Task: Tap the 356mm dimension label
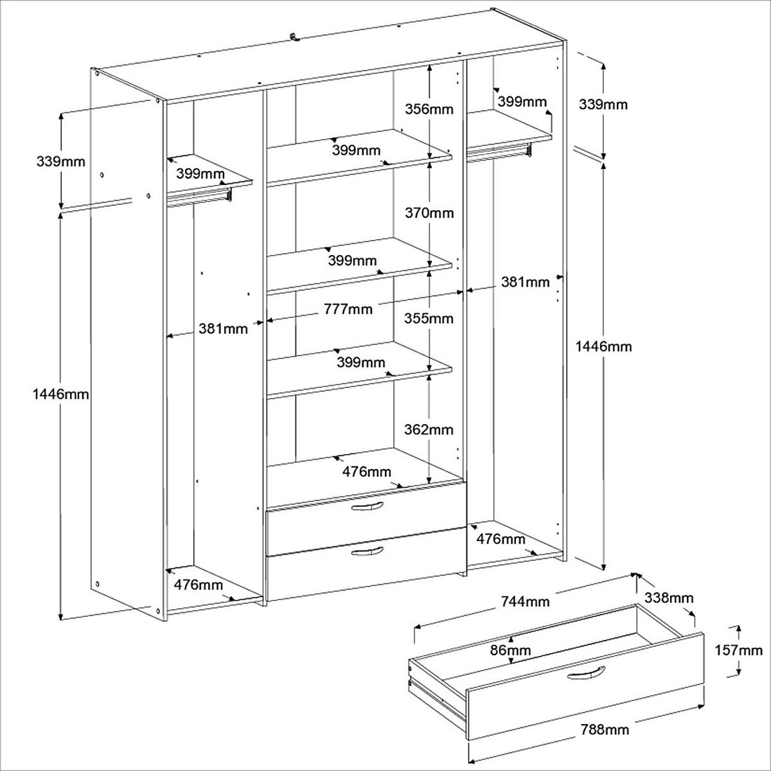tap(429, 109)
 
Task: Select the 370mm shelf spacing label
tap(429, 213)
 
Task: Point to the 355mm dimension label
tap(429, 318)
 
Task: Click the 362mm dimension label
tap(429, 429)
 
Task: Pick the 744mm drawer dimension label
tap(524, 601)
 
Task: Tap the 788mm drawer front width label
tap(605, 729)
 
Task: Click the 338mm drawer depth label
tap(669, 598)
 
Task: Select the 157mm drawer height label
tap(738, 650)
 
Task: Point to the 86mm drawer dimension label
tap(511, 650)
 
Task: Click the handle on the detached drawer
tap(587, 673)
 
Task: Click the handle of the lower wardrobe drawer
tap(368, 552)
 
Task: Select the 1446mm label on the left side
tap(60, 394)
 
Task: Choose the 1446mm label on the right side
tap(603, 347)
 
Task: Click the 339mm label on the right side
tap(602, 104)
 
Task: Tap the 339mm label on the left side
tap(60, 161)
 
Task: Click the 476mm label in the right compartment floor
tap(501, 539)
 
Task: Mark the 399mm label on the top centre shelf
tap(356, 151)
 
